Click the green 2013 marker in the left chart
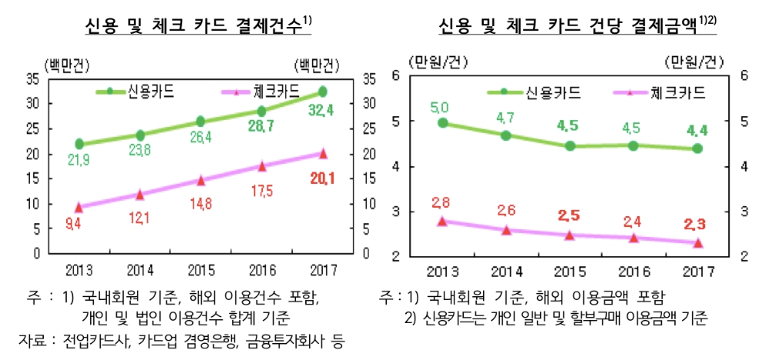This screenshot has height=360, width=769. point(80,144)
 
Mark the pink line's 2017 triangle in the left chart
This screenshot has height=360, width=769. point(323,153)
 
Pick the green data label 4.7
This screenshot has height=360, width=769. point(505,118)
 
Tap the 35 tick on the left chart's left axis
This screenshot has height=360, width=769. point(33,78)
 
